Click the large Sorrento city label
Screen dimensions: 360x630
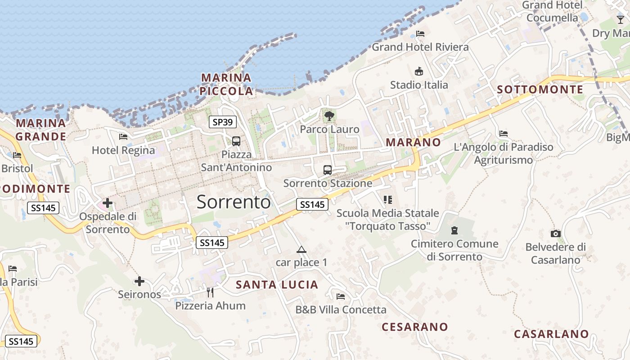(234, 202)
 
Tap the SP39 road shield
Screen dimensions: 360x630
(223, 121)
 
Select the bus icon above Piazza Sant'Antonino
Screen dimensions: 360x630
(236, 141)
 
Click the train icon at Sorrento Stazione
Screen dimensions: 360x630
(328, 170)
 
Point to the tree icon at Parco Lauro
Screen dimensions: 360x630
(329, 116)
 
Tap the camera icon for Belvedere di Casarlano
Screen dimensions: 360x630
(556, 234)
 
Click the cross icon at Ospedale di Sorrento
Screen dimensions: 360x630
(108, 203)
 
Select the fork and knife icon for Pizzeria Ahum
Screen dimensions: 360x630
(210, 292)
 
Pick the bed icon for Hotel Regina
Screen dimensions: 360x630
(123, 137)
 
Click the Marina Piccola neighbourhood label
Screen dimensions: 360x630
(226, 84)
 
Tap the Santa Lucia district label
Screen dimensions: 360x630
(277, 284)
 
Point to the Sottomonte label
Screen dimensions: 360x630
(540, 90)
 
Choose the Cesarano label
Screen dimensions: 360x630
(415, 327)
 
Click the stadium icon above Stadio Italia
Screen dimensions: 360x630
(419, 71)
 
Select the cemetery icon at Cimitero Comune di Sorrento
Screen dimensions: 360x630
(454, 230)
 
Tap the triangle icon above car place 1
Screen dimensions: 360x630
(301, 249)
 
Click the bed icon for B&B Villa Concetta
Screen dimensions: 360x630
(341, 296)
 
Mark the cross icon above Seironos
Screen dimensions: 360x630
(139, 281)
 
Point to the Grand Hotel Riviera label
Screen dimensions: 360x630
(420, 47)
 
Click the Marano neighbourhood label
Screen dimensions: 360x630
(414, 142)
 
